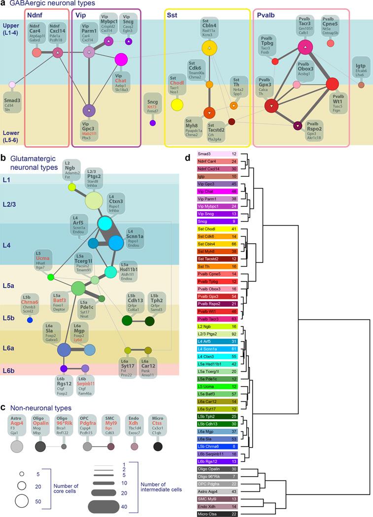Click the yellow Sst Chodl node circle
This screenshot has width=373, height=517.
177,104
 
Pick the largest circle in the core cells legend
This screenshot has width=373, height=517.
23,501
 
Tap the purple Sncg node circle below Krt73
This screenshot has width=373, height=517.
153,123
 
